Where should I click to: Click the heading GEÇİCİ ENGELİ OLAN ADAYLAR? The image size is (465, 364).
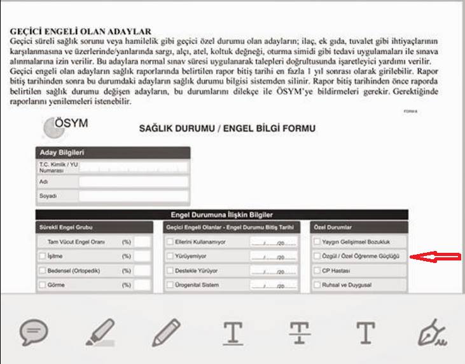(80, 31)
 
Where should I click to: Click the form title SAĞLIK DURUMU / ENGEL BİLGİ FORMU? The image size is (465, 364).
(227, 129)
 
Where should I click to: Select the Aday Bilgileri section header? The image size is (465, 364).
(113, 152)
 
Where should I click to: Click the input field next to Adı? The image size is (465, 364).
(133, 182)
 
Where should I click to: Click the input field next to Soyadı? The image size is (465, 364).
(133, 196)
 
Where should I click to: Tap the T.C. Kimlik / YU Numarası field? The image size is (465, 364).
(133, 167)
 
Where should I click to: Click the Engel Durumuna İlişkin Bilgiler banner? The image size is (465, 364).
(222, 215)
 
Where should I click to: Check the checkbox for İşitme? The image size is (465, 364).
(42, 256)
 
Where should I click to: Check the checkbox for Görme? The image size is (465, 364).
(42, 285)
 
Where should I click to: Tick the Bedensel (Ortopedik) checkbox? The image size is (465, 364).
(42, 271)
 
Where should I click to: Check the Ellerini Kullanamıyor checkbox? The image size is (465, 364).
(170, 242)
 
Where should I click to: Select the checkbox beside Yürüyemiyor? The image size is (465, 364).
(170, 256)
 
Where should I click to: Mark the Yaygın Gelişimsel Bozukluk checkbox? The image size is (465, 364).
(317, 242)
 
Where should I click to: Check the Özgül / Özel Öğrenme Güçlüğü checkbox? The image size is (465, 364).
(317, 256)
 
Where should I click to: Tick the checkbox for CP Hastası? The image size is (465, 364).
(317, 271)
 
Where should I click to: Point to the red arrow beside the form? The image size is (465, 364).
(435, 256)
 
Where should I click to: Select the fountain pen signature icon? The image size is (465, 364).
(433, 332)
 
